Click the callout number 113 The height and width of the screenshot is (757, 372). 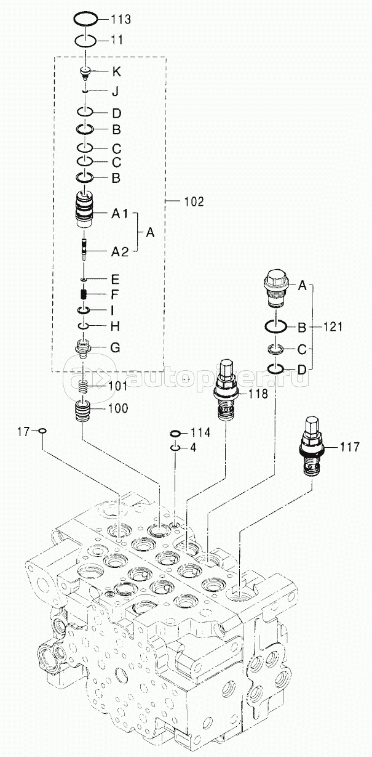[121, 19]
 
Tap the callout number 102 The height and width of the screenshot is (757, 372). [194, 202]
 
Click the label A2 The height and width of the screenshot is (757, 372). [120, 251]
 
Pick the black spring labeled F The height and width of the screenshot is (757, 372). [84, 294]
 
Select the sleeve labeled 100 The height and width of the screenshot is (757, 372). [82, 410]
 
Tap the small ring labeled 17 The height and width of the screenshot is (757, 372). [43, 433]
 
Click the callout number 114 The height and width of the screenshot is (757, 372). [200, 432]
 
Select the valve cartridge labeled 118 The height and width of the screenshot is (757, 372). [226, 390]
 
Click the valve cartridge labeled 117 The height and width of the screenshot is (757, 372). [311, 447]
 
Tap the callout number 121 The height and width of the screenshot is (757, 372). [333, 326]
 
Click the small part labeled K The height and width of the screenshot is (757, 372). [85, 73]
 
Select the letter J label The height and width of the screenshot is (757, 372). [116, 92]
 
